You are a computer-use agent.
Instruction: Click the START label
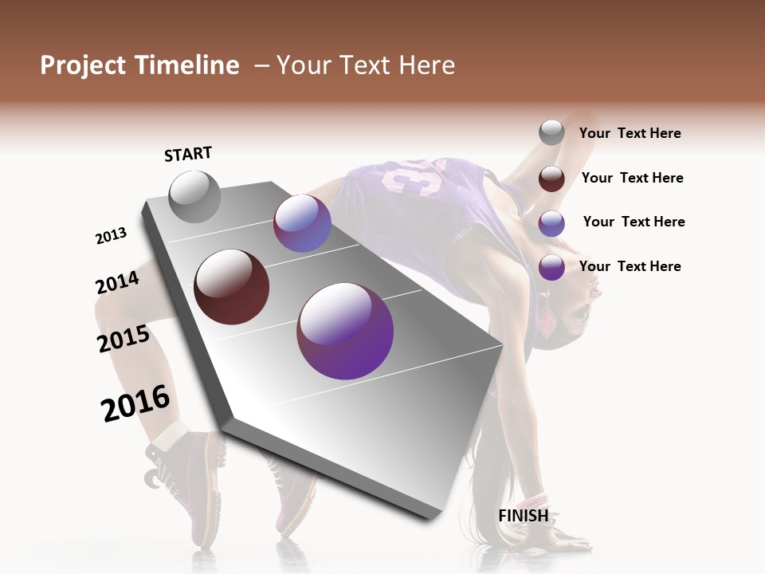pyautogui.click(x=188, y=154)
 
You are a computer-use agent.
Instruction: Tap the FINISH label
pyautogui.click(x=523, y=516)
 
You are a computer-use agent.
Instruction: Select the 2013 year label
pyautogui.click(x=111, y=236)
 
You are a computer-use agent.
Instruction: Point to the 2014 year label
pyautogui.click(x=117, y=283)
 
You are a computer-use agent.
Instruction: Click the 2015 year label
pyautogui.click(x=124, y=339)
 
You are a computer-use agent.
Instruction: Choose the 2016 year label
pyautogui.click(x=135, y=403)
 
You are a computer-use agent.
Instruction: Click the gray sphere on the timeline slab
pyautogui.click(x=194, y=197)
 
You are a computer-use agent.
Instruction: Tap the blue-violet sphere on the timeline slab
pyautogui.click(x=302, y=223)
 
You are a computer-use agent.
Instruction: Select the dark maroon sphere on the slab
pyautogui.click(x=231, y=287)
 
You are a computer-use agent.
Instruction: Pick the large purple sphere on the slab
pyautogui.click(x=345, y=331)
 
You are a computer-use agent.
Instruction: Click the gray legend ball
pyautogui.click(x=551, y=133)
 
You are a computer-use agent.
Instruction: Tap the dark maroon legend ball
pyautogui.click(x=551, y=179)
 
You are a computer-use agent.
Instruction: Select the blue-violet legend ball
pyautogui.click(x=551, y=223)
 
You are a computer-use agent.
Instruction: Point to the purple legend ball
pyautogui.click(x=551, y=268)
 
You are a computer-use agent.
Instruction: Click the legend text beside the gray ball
pyautogui.click(x=630, y=134)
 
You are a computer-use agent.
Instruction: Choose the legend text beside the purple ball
pyautogui.click(x=630, y=266)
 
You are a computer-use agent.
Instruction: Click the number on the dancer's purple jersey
pyautogui.click(x=414, y=177)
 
